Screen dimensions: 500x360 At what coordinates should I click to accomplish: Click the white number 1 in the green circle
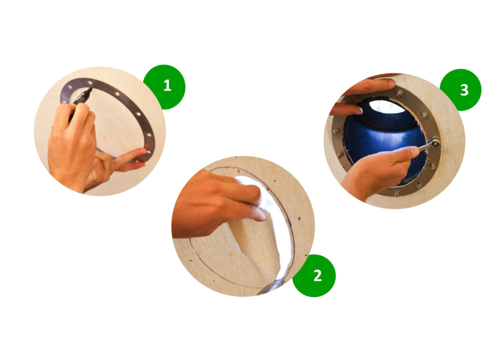[167, 85]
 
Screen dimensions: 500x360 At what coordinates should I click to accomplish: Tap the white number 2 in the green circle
[317, 275]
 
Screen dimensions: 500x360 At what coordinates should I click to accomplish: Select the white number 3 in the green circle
[464, 90]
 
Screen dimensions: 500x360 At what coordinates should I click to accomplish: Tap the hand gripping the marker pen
[71, 143]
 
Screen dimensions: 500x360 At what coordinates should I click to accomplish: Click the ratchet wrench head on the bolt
[434, 143]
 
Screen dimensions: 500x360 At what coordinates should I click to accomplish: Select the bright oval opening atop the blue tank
[387, 107]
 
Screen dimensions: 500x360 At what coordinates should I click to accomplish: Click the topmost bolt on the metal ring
[399, 93]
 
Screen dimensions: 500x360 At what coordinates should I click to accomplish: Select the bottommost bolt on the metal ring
[396, 193]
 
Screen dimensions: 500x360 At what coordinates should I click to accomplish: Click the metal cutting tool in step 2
[271, 286]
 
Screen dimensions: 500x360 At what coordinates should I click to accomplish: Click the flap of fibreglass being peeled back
[255, 242]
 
